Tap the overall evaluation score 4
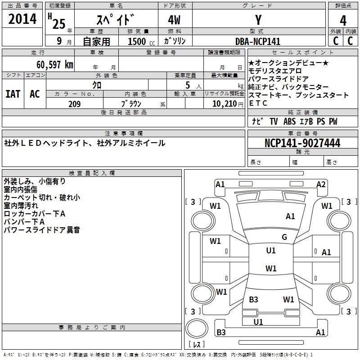(343, 21)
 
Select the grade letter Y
(258, 20)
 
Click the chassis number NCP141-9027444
(302, 144)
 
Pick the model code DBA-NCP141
(258, 41)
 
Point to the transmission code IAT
(13, 94)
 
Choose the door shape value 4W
(175, 21)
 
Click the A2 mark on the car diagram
(321, 184)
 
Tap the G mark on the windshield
(284, 237)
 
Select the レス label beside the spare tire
(196, 345)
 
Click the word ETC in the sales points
(258, 103)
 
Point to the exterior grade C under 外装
(335, 41)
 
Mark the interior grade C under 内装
(351, 41)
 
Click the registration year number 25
(58, 24)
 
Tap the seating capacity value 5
(187, 85)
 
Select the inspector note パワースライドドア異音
(42, 230)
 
